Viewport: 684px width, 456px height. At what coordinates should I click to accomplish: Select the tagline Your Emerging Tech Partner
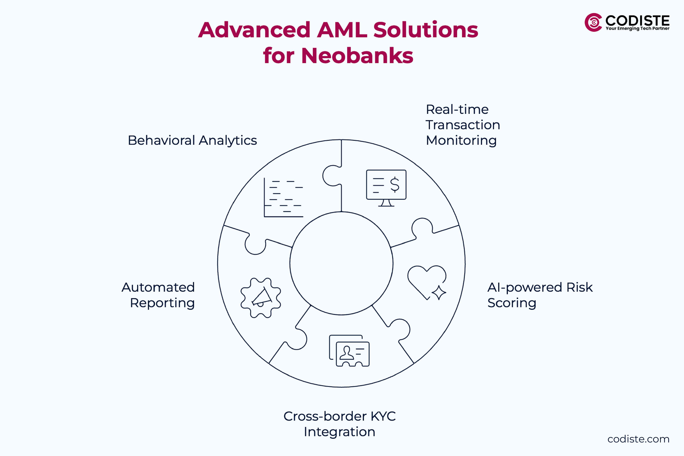click(x=638, y=28)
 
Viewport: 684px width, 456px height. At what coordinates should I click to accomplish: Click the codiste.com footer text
click(x=638, y=439)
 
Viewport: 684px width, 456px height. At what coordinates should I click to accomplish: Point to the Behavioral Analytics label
click(x=192, y=141)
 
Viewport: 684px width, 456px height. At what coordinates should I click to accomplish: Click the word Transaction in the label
click(x=463, y=125)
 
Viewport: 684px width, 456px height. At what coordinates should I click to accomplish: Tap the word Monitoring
click(x=461, y=141)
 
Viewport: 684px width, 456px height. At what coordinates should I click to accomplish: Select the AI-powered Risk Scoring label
click(x=540, y=295)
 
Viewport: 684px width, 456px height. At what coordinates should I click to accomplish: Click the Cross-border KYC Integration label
click(x=339, y=424)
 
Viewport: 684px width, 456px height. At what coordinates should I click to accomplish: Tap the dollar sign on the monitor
click(x=395, y=185)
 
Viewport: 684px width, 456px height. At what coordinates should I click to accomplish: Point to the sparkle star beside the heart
click(x=439, y=292)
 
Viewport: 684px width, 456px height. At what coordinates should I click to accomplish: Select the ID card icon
click(x=349, y=351)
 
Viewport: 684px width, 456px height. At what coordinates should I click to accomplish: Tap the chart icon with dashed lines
click(x=283, y=198)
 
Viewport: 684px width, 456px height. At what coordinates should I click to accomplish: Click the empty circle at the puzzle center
click(x=341, y=263)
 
